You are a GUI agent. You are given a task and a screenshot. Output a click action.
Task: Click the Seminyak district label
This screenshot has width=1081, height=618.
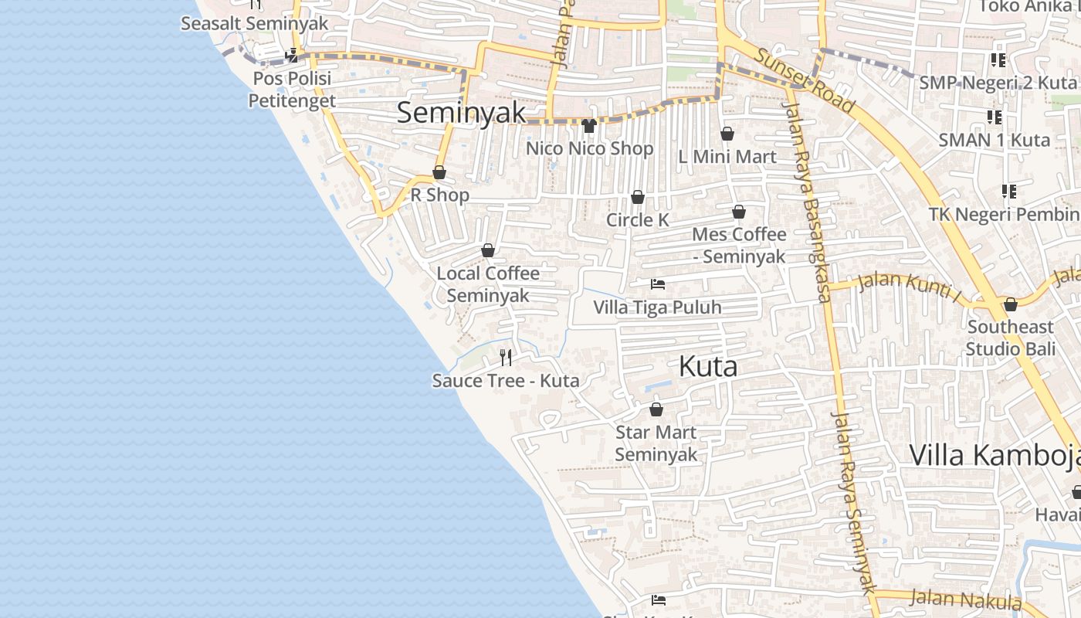pos(461,113)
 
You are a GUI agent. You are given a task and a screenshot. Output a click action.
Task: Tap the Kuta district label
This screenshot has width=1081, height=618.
pos(708,367)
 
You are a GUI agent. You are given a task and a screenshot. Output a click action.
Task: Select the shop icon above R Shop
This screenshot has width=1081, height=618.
pos(439,172)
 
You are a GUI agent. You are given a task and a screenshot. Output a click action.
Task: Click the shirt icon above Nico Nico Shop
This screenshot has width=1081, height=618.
pos(589,126)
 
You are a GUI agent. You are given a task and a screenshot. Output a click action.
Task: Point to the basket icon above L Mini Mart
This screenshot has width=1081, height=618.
pos(727,134)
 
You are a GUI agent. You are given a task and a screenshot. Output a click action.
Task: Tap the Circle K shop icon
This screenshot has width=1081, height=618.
pos(638,198)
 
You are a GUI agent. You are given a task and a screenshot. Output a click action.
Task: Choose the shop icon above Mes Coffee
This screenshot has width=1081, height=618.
pos(739,212)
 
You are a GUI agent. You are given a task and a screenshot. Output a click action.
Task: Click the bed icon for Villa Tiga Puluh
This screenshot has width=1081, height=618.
pos(658,284)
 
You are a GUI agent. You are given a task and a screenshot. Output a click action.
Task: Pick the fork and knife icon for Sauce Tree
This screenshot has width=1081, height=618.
pos(506,357)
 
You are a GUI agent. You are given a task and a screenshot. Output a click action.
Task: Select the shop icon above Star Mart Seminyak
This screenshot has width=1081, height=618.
pos(656,409)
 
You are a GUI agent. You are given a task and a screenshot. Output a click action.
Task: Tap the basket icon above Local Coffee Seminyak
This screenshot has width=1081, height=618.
pos(488,250)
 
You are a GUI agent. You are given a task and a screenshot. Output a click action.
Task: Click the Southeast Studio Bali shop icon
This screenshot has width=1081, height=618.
pos(1011,304)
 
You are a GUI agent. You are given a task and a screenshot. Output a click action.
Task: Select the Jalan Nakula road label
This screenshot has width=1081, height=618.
pos(965,599)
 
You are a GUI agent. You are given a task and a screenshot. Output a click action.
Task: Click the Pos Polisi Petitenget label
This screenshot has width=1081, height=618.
pos(292,90)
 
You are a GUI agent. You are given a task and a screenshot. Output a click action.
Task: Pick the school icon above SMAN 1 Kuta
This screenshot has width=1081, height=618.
pos(995,117)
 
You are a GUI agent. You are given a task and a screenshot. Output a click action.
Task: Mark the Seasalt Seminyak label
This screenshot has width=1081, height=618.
pos(254,23)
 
